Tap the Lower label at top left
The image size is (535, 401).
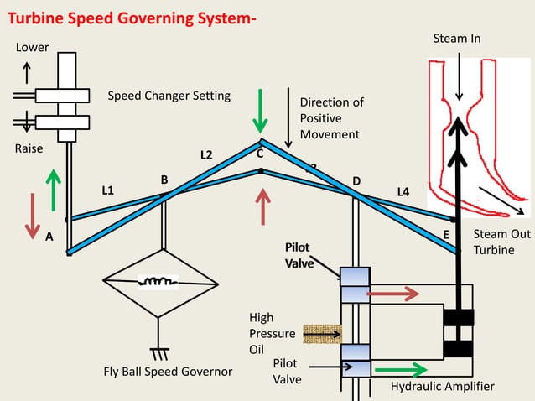coord(33,47)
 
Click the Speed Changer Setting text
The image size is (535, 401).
coord(169,96)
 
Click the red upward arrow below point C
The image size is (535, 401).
coord(263,206)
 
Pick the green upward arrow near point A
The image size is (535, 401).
coord(55,188)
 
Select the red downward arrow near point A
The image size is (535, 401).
coord(33,215)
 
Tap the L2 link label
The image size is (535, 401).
coord(206,155)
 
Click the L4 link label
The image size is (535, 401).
coord(403,192)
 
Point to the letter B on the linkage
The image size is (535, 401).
coord(164,180)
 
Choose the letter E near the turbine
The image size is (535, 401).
coord(446,234)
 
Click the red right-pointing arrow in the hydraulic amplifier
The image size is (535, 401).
coord(394,294)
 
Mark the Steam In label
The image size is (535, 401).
coord(456,39)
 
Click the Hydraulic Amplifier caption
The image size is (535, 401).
coord(443,386)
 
